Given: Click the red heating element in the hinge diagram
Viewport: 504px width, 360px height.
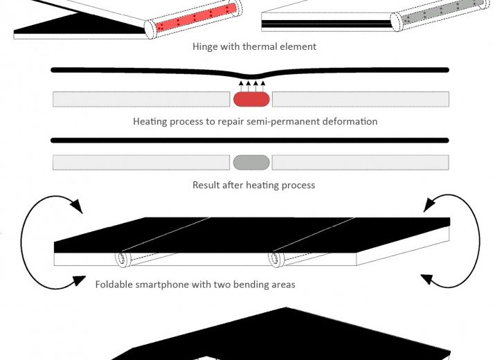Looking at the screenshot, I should coord(251,99).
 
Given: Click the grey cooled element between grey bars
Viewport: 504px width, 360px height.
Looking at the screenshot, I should coord(251,163).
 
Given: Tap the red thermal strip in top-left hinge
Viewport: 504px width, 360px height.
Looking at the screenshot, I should coord(197,18).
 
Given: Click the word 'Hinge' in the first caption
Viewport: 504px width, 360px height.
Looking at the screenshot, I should coord(206,47).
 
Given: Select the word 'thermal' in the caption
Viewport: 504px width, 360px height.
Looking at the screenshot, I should coord(266,47).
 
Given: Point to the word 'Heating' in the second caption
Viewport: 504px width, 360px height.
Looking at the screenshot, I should coord(150,122).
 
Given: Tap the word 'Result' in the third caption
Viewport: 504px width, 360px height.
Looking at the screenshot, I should coord(206,186).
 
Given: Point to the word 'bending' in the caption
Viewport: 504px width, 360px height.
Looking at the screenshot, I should coord(252,285).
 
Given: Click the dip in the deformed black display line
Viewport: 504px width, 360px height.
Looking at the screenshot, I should coord(251,77).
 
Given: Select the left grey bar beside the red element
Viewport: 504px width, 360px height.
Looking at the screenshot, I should coord(141,99).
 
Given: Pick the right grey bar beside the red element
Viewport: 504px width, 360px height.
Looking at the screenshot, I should coord(360,99).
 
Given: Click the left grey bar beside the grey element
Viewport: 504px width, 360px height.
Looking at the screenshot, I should coord(141,163).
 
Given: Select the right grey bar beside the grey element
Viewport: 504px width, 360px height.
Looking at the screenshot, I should coord(360,163).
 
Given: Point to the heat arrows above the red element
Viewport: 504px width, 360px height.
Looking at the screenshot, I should coord(251,86).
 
